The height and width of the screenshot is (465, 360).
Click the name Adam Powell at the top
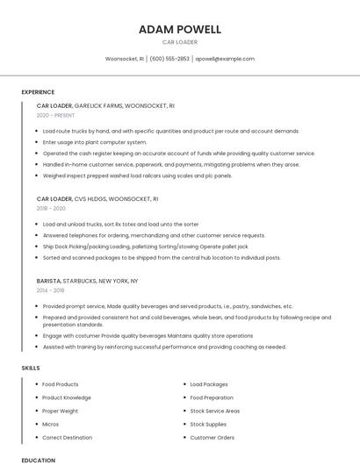179,29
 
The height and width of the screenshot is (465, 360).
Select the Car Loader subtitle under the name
179,42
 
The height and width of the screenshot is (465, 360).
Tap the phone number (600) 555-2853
169,59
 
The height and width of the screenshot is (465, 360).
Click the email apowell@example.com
225,59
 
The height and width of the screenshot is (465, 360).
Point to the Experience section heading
38,92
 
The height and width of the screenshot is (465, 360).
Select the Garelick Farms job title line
105,106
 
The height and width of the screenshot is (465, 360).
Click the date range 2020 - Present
56,115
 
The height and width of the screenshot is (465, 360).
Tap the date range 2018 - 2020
51,209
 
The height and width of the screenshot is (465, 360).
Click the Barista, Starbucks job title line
87,281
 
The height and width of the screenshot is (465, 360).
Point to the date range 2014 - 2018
51,290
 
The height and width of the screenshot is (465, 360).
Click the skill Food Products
61,384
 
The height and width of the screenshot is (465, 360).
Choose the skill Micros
51,424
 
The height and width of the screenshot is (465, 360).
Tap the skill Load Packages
209,384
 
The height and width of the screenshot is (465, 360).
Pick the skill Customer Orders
212,437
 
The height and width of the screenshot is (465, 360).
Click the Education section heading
38,460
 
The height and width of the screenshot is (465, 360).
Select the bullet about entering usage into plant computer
95,142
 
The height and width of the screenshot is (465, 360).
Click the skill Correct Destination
67,437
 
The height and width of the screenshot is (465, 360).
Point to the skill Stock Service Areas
215,411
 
